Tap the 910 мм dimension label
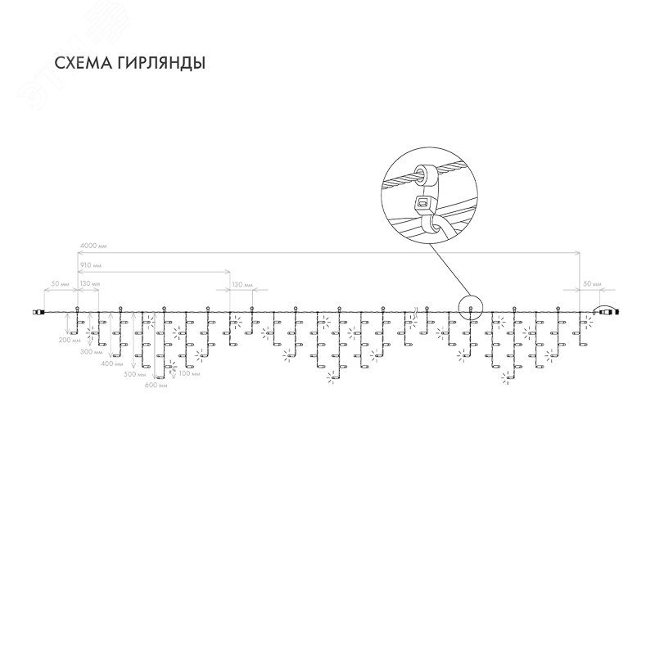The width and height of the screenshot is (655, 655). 91,265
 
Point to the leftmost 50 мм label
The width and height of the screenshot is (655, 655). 60,283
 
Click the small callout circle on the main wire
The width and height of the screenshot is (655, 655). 472,309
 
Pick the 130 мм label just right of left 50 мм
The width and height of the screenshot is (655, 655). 90,283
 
